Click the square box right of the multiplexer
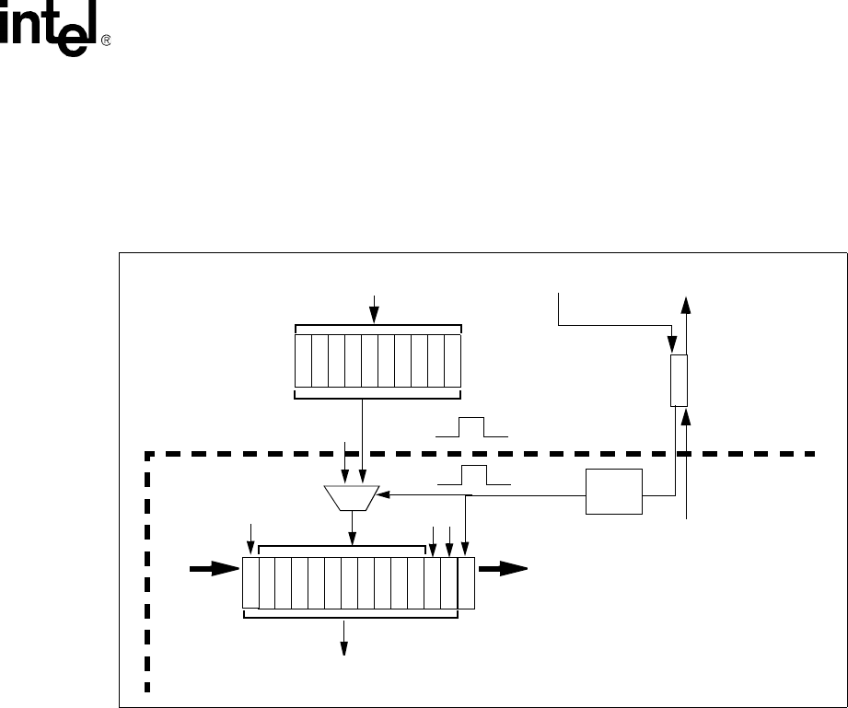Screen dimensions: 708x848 click(614, 492)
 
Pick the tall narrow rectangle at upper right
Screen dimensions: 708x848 click(678, 379)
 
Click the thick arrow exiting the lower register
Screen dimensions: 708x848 click(503, 570)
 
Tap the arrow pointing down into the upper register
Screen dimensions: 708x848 click(373, 308)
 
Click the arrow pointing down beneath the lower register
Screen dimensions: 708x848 click(345, 637)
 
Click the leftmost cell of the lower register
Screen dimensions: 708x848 click(250, 582)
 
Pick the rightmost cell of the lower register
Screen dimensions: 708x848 click(466, 582)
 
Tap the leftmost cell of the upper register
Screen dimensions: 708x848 click(304, 361)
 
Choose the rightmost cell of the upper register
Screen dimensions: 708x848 click(451, 361)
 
